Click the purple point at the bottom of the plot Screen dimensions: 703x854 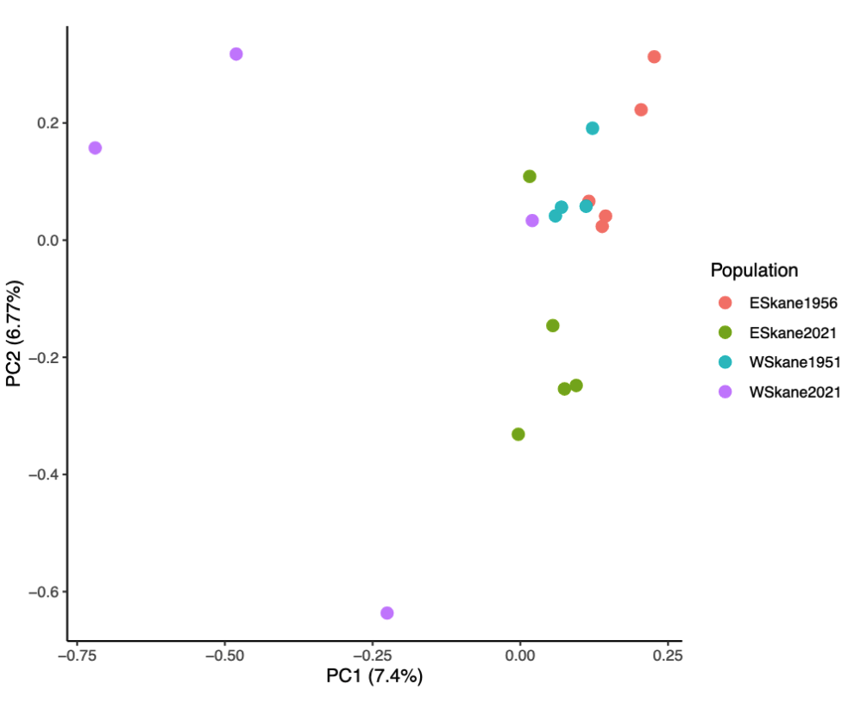(x=386, y=612)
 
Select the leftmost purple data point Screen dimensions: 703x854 (x=95, y=148)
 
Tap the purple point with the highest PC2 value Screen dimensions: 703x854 (x=235, y=53)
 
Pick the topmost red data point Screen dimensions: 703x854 (x=654, y=57)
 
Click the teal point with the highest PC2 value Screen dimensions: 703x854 (x=593, y=128)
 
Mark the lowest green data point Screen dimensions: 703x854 (x=518, y=434)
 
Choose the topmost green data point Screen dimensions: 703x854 (x=530, y=176)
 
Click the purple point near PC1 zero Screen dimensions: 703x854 (x=532, y=220)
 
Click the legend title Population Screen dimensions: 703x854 (x=754, y=270)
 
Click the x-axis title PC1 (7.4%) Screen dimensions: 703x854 (x=374, y=677)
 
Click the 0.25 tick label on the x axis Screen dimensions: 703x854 (x=668, y=656)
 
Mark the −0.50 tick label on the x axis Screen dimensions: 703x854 (x=224, y=656)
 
